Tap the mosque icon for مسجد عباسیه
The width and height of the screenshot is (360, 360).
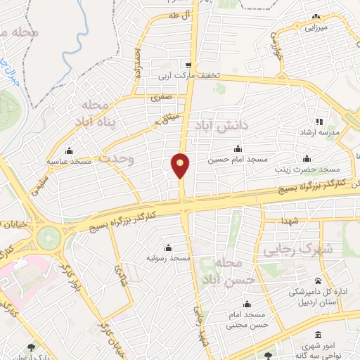click(x=68, y=150)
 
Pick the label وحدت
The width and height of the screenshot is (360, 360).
click(x=117, y=159)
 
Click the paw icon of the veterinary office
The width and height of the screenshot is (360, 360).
click(x=318, y=280)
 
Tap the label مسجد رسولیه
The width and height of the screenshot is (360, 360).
click(x=169, y=259)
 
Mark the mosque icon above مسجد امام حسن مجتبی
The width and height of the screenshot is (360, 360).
click(x=247, y=304)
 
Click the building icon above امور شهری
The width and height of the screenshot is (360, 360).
click(x=319, y=334)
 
